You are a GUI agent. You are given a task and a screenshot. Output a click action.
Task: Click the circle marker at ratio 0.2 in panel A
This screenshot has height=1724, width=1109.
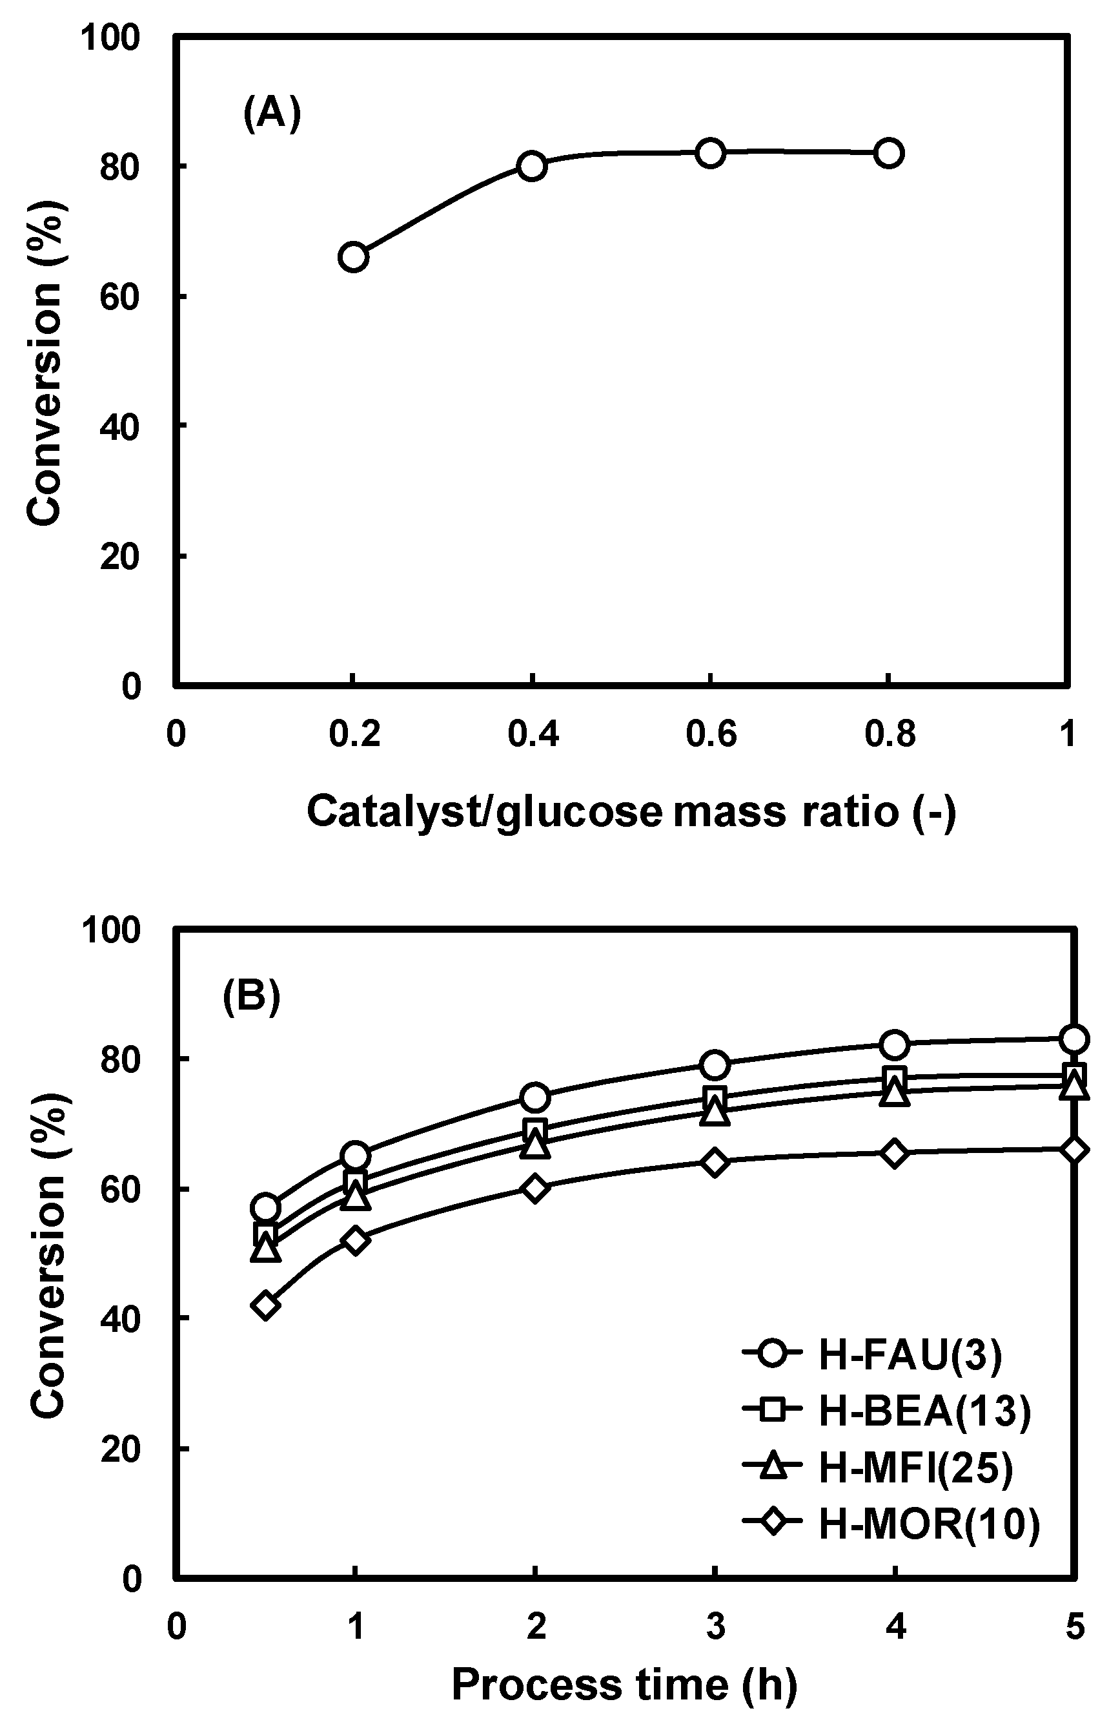click(353, 257)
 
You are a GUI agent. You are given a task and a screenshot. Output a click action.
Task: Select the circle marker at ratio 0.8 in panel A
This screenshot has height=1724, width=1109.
click(890, 152)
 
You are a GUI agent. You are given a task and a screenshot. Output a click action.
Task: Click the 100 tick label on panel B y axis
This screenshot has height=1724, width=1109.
click(110, 930)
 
